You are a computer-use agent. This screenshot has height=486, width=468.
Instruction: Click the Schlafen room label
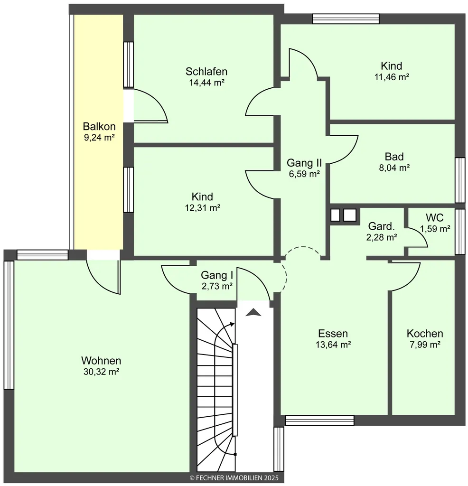(x=206, y=72)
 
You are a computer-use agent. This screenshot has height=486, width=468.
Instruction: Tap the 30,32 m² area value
(x=102, y=372)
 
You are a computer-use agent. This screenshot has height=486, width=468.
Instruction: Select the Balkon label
(x=99, y=126)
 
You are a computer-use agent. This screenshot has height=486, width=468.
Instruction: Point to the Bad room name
(x=394, y=157)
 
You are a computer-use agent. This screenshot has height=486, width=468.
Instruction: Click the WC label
(x=434, y=217)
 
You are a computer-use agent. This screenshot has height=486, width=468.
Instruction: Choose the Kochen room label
(x=425, y=334)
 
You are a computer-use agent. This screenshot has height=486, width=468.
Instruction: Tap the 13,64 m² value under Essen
(x=333, y=345)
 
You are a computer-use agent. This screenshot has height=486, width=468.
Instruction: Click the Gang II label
(x=304, y=163)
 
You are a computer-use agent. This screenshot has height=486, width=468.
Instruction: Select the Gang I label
(x=216, y=275)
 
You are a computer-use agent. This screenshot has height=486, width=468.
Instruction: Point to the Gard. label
(x=382, y=226)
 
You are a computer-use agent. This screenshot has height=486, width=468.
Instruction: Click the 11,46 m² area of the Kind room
(x=392, y=77)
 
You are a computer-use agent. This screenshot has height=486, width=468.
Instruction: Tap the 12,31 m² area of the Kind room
(x=202, y=208)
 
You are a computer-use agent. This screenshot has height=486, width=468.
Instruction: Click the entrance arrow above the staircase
(x=253, y=312)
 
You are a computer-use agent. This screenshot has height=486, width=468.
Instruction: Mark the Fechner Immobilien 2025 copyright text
(x=234, y=478)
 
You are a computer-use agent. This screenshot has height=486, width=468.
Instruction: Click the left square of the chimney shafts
(x=335, y=215)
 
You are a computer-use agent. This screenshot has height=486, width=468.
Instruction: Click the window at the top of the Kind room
(x=346, y=19)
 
